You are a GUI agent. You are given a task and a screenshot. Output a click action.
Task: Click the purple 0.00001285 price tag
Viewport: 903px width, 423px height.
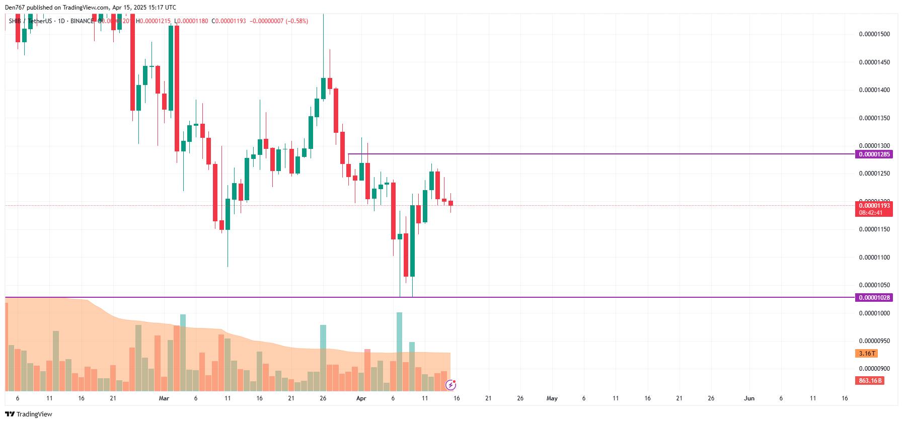[874, 154]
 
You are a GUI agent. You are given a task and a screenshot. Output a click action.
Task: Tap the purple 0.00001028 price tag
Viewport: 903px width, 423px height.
[874, 298]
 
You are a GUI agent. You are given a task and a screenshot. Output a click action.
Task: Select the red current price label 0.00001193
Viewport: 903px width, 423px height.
[874, 206]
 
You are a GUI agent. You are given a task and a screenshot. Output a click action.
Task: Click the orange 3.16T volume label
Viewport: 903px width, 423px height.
[866, 354]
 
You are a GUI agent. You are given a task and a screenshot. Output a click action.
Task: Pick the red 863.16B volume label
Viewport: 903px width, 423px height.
[870, 381]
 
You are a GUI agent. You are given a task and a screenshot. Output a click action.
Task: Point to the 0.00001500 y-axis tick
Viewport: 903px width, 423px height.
[874, 34]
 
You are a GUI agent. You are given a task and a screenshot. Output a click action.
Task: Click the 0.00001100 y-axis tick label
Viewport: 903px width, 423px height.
[874, 258]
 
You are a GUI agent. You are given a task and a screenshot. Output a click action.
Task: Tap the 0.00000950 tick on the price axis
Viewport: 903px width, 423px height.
[874, 341]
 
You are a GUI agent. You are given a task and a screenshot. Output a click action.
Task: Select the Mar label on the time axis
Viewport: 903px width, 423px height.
[164, 398]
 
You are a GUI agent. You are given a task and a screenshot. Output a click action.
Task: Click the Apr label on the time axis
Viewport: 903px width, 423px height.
[361, 398]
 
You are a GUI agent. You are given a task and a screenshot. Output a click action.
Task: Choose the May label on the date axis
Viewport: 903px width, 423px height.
[552, 398]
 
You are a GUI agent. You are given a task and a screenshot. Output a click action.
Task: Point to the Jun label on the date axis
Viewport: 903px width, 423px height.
[749, 398]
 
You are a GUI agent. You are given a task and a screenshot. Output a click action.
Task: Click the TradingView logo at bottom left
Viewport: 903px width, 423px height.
[29, 414]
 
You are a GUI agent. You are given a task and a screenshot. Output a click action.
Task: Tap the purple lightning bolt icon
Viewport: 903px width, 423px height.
[451, 385]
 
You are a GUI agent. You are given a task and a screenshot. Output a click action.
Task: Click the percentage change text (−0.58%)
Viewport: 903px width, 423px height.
[297, 21]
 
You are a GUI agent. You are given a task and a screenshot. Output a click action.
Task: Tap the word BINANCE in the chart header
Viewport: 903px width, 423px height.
[82, 21]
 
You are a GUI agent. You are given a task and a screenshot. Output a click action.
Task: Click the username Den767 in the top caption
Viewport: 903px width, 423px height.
[15, 8]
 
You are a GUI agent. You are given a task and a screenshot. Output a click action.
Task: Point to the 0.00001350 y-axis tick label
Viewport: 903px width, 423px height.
[874, 118]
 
